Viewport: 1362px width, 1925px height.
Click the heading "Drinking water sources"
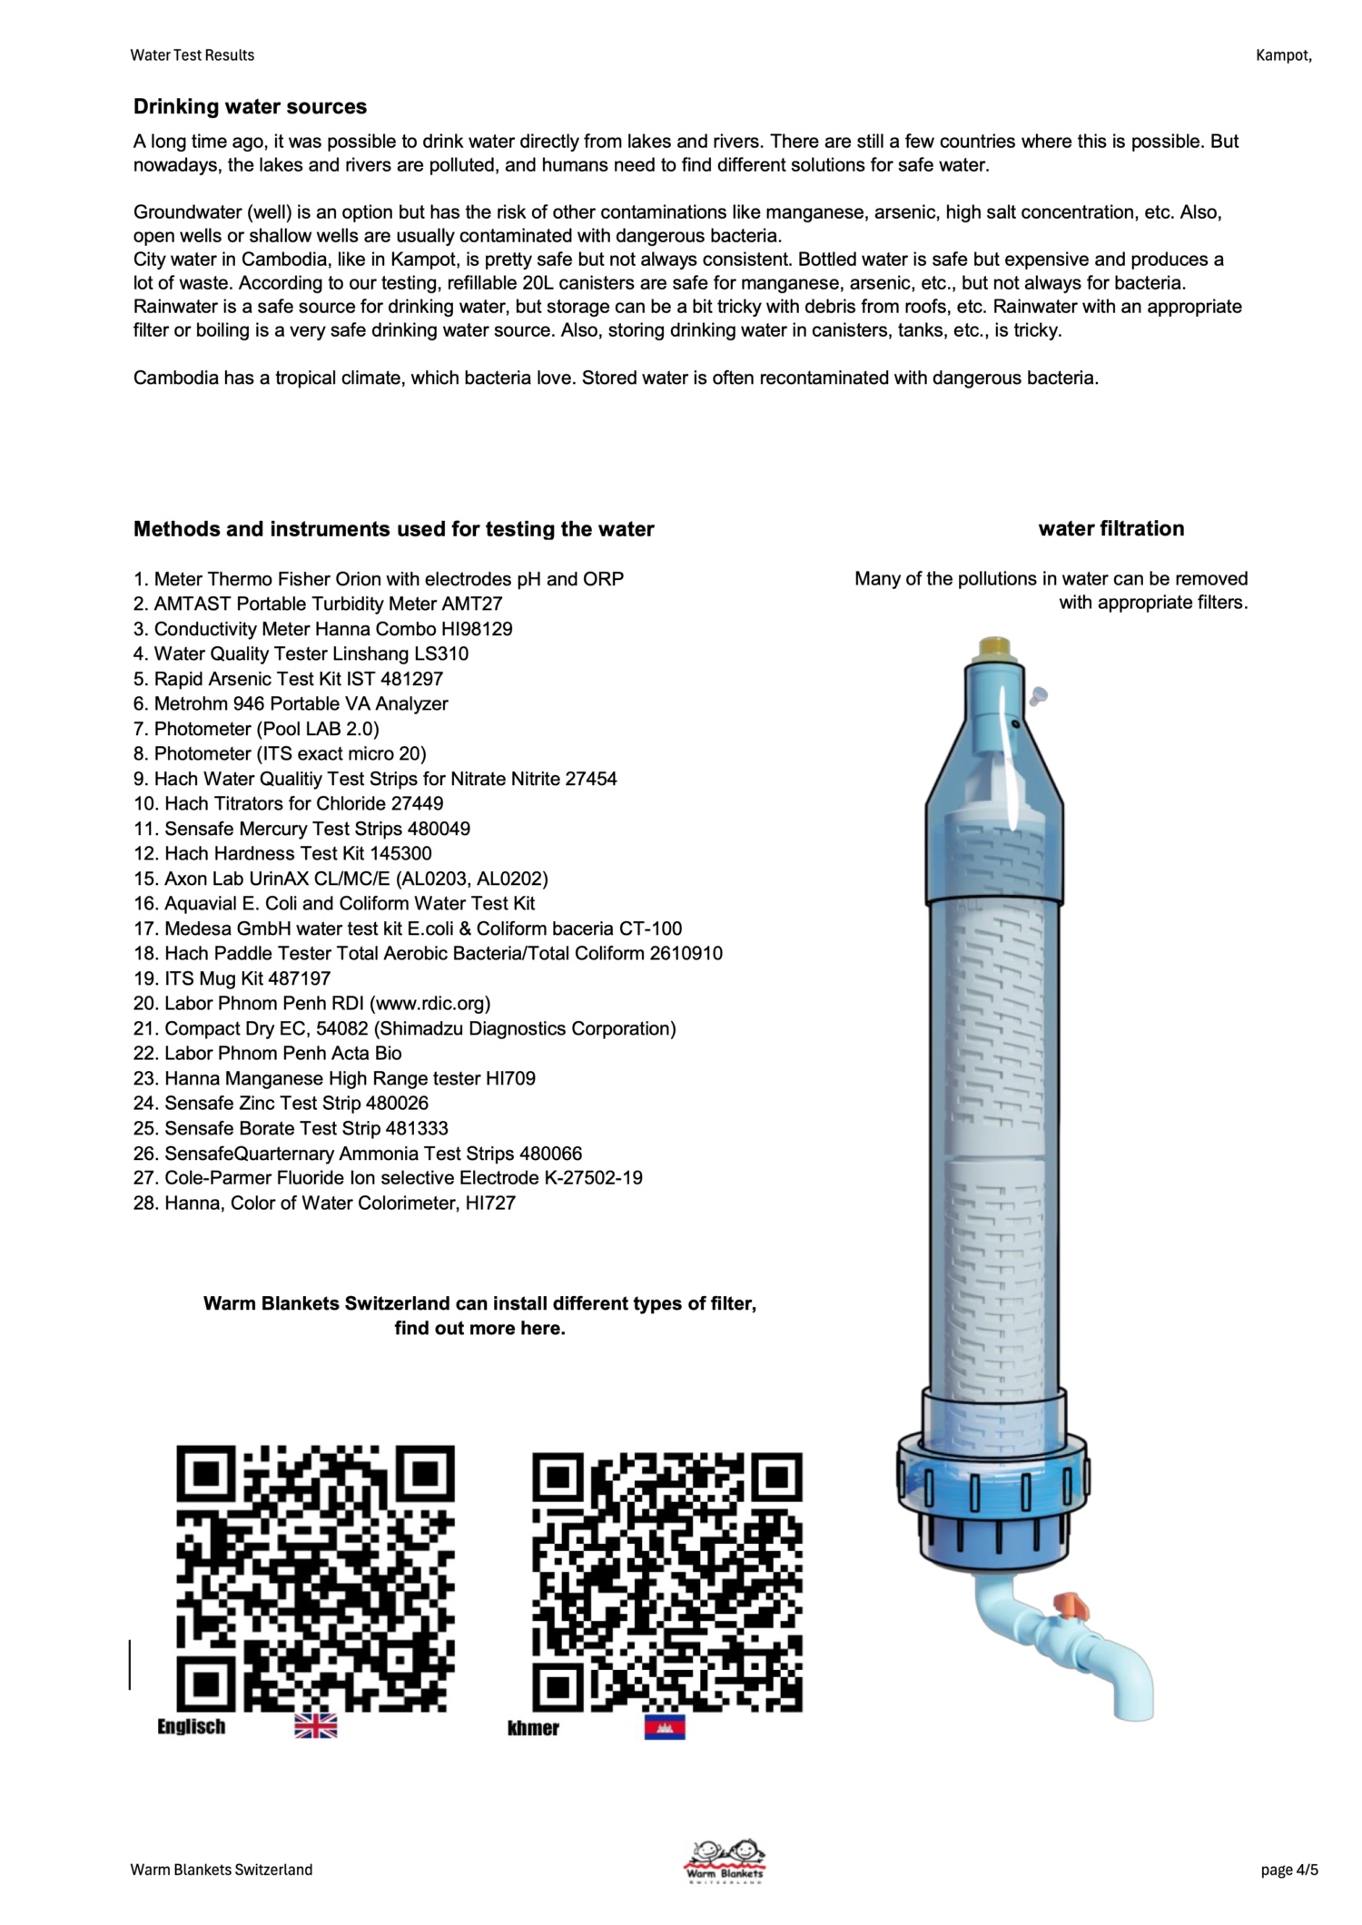pos(250,107)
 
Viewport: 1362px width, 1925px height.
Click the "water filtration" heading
pos(1111,528)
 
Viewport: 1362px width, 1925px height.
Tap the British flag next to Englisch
pos(315,1726)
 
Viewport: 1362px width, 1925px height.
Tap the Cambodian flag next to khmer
pos(665,1727)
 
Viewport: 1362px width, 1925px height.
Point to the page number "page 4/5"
pos(1289,1870)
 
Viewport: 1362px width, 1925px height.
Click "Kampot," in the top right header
pos(1284,55)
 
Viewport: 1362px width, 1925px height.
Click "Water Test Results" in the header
pos(192,55)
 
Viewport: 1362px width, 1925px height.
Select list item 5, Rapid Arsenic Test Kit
pos(289,679)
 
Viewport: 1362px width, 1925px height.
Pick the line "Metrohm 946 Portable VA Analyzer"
pos(291,703)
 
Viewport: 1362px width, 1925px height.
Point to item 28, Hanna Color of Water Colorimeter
pos(324,1203)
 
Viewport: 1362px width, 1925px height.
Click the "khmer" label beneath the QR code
pos(533,1728)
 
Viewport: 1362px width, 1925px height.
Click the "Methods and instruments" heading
pos(394,529)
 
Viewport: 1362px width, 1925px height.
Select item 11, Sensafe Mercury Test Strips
pos(301,829)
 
